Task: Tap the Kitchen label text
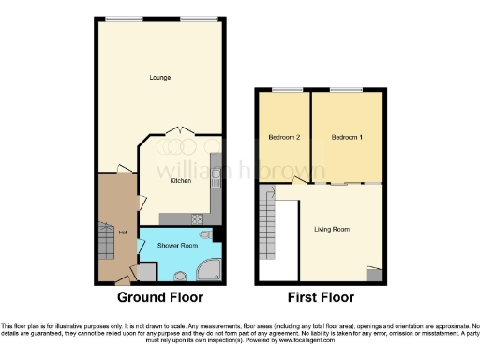tap(181, 181)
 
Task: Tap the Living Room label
tap(331, 228)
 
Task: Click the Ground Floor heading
tap(160, 298)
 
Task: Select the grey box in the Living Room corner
tap(375, 274)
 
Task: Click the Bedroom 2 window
tap(286, 90)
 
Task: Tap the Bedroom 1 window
tap(346, 90)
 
